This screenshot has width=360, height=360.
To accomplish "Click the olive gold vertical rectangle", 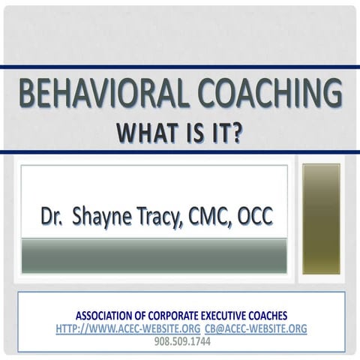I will click(321, 218).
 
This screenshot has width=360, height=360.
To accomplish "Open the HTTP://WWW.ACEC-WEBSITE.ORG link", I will click(127, 328).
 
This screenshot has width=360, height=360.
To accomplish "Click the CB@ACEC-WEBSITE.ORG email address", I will click(255, 328).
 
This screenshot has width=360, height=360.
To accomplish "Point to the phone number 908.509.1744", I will click(182, 341).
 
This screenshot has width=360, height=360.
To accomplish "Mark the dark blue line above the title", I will click(180, 69).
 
